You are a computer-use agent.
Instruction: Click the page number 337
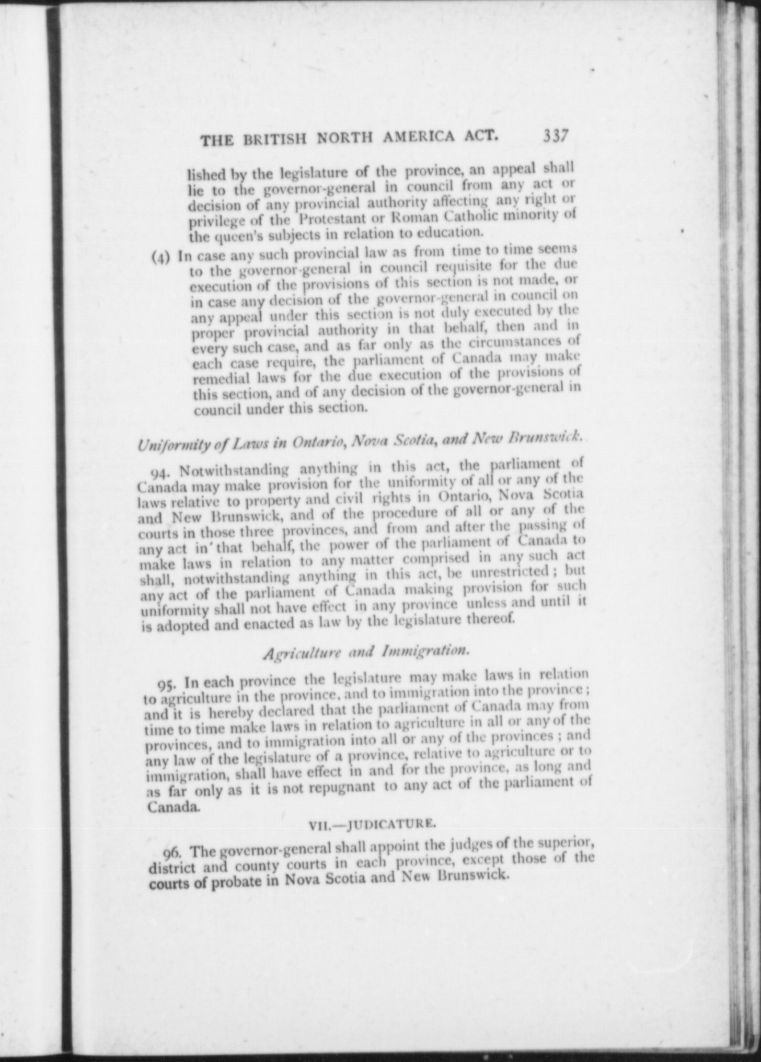[x=555, y=135]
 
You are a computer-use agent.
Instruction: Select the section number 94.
[x=158, y=473]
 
